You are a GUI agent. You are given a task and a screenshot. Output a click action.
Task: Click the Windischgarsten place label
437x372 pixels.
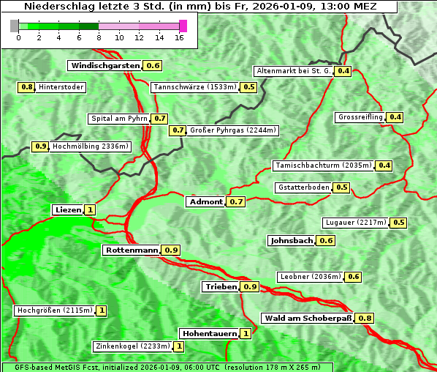pyautogui.click(x=104, y=65)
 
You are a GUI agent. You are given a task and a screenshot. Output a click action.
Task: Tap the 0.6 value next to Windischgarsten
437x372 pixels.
pyautogui.click(x=153, y=65)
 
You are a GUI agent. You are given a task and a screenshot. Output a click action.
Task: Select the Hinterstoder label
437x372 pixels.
pyautogui.click(x=61, y=87)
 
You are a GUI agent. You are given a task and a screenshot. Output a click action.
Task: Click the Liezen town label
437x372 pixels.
pyautogui.click(x=68, y=209)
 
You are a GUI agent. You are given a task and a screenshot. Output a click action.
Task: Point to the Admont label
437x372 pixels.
pyautogui.click(x=205, y=201)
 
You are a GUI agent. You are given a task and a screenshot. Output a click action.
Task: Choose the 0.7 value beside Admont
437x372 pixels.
pyautogui.click(x=236, y=201)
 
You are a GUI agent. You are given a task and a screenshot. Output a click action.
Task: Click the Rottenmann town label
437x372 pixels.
pyautogui.click(x=132, y=250)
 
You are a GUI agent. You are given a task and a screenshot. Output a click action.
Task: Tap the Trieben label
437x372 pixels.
pyautogui.click(x=221, y=286)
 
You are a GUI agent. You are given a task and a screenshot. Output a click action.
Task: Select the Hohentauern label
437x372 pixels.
pyautogui.click(x=210, y=333)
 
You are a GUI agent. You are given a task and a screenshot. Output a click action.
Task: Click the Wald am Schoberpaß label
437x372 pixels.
pyautogui.click(x=307, y=318)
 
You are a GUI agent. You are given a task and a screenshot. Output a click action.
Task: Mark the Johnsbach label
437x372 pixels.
pyautogui.click(x=292, y=240)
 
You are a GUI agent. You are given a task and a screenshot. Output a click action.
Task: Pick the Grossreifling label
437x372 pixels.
pyautogui.click(x=360, y=117)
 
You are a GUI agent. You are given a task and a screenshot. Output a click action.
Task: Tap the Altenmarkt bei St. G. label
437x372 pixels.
pyautogui.click(x=293, y=71)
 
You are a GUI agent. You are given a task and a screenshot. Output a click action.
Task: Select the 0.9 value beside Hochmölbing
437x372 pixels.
pyautogui.click(x=40, y=146)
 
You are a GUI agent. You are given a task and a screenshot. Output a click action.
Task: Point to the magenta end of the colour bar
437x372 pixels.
pyautogui.click(x=183, y=26)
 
